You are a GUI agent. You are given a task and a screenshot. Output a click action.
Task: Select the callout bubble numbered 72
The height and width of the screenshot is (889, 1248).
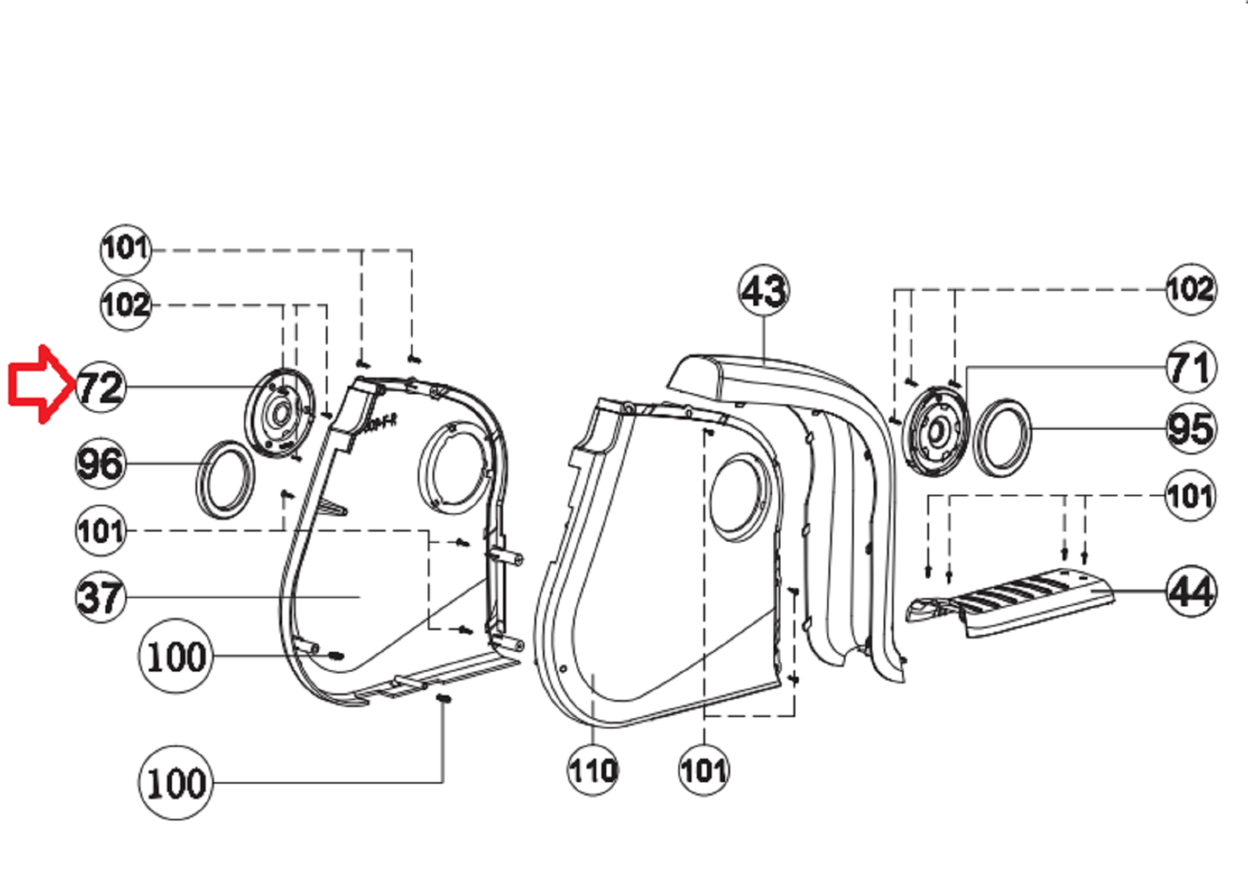pyautogui.click(x=101, y=387)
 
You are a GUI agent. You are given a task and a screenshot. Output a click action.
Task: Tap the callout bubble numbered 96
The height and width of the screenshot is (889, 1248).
pyautogui.click(x=101, y=464)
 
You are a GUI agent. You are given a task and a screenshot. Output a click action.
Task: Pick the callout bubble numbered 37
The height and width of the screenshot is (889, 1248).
pyautogui.click(x=101, y=597)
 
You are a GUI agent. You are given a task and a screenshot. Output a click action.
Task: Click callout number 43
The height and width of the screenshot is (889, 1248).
pyautogui.click(x=764, y=291)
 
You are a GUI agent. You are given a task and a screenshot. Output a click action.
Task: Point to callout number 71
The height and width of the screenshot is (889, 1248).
pyautogui.click(x=1191, y=367)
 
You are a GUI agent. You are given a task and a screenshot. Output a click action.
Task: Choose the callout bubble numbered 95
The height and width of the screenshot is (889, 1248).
pyautogui.click(x=1191, y=429)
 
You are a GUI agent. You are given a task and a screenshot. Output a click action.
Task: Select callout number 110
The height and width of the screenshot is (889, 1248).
pyautogui.click(x=593, y=770)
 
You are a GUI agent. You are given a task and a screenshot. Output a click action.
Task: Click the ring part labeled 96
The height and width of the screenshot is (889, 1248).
pyautogui.click(x=225, y=480)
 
